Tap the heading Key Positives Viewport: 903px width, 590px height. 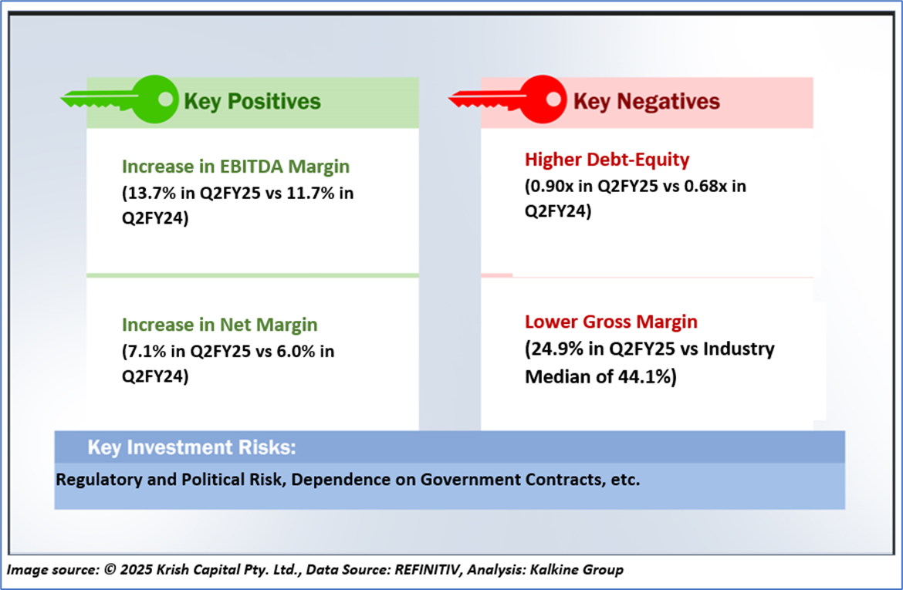click(x=252, y=101)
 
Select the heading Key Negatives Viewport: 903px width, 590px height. click(x=646, y=101)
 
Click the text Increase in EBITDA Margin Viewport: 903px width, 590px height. click(x=235, y=167)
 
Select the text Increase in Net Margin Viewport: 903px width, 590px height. click(x=219, y=325)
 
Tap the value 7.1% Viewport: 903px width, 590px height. click(x=147, y=351)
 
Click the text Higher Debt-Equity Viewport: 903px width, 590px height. click(x=607, y=160)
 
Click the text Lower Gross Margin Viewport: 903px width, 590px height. click(x=611, y=322)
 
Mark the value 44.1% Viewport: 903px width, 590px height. click(x=645, y=376)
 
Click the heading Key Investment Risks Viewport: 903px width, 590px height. click(x=191, y=447)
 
